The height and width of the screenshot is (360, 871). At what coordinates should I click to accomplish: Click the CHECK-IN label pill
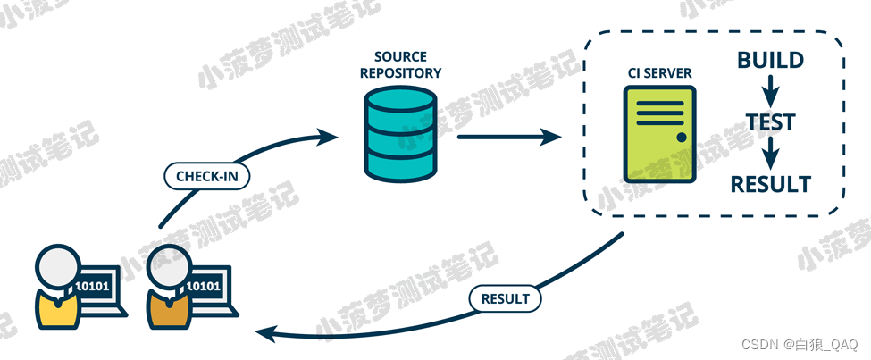(207, 176)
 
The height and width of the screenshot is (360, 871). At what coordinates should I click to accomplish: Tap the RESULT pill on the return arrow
(505, 298)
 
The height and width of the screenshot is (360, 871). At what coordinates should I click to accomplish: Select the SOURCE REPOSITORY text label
(401, 65)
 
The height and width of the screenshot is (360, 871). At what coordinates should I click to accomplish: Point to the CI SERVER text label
(658, 72)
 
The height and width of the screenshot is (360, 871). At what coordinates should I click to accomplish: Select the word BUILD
(770, 61)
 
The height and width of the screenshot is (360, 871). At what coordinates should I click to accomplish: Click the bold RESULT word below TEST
(770, 185)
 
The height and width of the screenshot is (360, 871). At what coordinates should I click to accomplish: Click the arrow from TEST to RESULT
(770, 153)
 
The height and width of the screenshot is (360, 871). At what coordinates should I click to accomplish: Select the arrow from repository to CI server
(509, 138)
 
